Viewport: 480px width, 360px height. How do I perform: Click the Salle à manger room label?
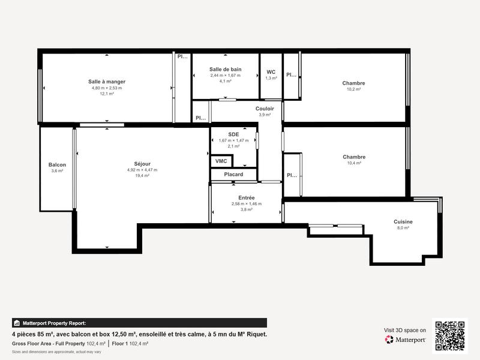point(107,82)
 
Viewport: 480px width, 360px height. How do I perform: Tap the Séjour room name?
point(142,164)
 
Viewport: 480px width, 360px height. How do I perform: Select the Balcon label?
point(57,165)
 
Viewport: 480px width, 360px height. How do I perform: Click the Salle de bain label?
point(225,70)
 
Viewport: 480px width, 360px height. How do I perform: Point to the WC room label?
point(271,72)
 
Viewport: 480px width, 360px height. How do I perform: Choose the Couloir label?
point(265,109)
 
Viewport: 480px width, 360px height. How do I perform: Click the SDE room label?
point(233,134)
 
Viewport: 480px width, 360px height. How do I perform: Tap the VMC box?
point(221,161)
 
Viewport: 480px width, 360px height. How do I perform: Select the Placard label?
point(233,175)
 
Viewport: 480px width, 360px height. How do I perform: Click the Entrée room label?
point(247,197)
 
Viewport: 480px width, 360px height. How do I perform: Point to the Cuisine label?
point(403,221)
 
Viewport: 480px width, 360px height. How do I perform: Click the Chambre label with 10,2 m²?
point(353,83)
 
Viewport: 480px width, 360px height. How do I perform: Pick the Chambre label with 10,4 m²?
point(353,157)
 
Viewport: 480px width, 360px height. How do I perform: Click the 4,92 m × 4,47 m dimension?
point(142,170)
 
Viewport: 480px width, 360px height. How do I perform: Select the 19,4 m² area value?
point(142,176)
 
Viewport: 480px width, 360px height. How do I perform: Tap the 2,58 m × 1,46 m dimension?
point(247,203)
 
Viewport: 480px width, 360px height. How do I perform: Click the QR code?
point(449,335)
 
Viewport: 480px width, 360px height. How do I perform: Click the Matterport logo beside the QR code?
point(406,340)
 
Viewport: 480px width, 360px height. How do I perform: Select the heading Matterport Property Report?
point(53,323)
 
